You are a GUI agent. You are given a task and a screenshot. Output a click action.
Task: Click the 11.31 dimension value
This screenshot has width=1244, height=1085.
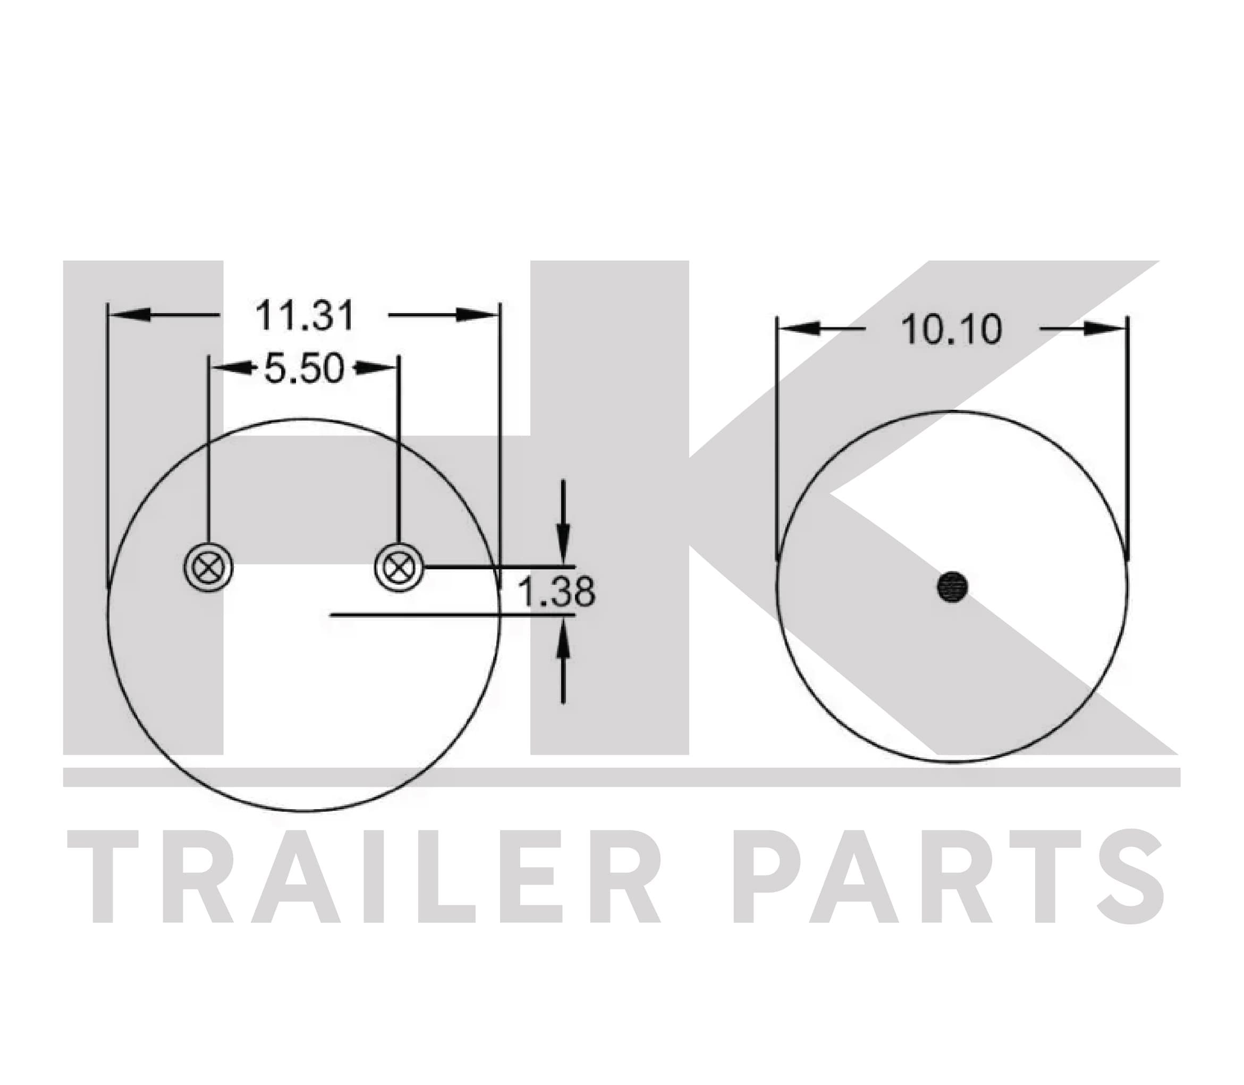(x=304, y=315)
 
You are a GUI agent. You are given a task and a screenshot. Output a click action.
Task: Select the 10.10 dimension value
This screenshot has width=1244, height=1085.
(x=952, y=330)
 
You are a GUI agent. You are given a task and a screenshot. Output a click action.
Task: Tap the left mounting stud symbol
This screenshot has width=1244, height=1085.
(x=208, y=568)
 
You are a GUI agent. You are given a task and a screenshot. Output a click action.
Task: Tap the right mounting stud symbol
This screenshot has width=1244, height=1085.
(x=399, y=568)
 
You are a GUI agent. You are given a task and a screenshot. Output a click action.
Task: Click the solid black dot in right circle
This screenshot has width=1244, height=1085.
(x=952, y=587)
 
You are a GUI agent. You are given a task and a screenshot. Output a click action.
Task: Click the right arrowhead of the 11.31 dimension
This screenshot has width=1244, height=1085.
(x=477, y=315)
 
